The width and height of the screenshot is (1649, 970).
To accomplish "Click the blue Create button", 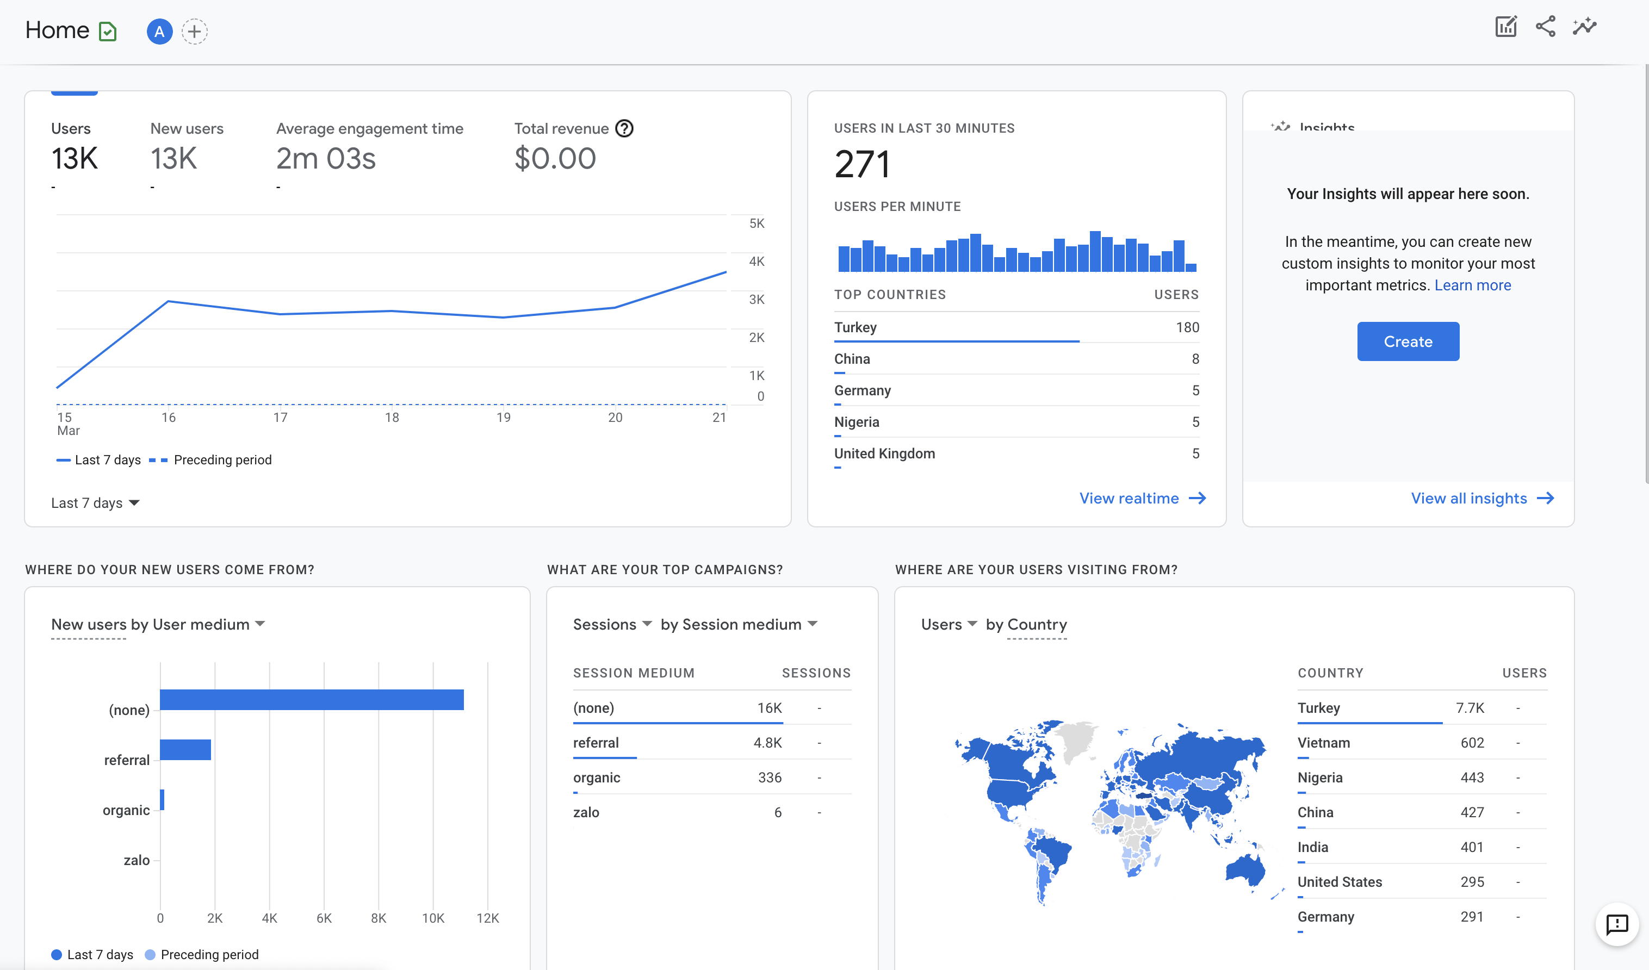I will pyautogui.click(x=1408, y=341).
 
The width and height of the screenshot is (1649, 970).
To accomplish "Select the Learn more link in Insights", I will pyautogui.click(x=1472, y=285).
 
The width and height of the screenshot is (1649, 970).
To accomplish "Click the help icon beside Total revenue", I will pyautogui.click(x=624, y=129).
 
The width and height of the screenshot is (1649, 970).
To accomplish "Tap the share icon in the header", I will pyautogui.click(x=1545, y=27).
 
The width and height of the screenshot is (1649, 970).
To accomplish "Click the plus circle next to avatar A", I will pyautogui.click(x=194, y=32).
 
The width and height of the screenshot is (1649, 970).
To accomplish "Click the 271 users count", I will pyautogui.click(x=862, y=164).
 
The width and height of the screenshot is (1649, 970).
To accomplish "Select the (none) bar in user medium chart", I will pyautogui.click(x=312, y=699).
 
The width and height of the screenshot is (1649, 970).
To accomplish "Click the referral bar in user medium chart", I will pyautogui.click(x=185, y=750).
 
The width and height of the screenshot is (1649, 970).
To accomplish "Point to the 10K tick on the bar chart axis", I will pyautogui.click(x=433, y=918).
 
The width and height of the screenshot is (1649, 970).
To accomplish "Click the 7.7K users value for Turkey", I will pyautogui.click(x=1470, y=708).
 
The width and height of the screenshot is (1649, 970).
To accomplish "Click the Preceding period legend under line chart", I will pyautogui.click(x=222, y=461).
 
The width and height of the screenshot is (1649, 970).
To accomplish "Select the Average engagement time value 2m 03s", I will pyautogui.click(x=326, y=159).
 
